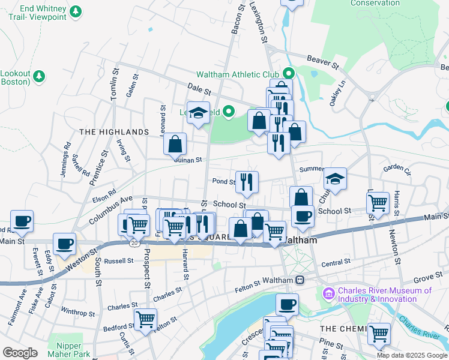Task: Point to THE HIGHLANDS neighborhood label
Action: (x=114, y=132)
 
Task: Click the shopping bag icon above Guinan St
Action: (x=175, y=144)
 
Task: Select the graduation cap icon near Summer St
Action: (x=336, y=179)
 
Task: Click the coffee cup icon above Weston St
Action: (x=64, y=244)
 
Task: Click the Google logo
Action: (x=20, y=353)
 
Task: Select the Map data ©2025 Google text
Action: (x=412, y=355)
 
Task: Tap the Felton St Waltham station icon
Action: (x=299, y=280)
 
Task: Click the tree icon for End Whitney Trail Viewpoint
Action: (x=75, y=11)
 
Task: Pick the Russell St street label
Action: (x=118, y=261)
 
